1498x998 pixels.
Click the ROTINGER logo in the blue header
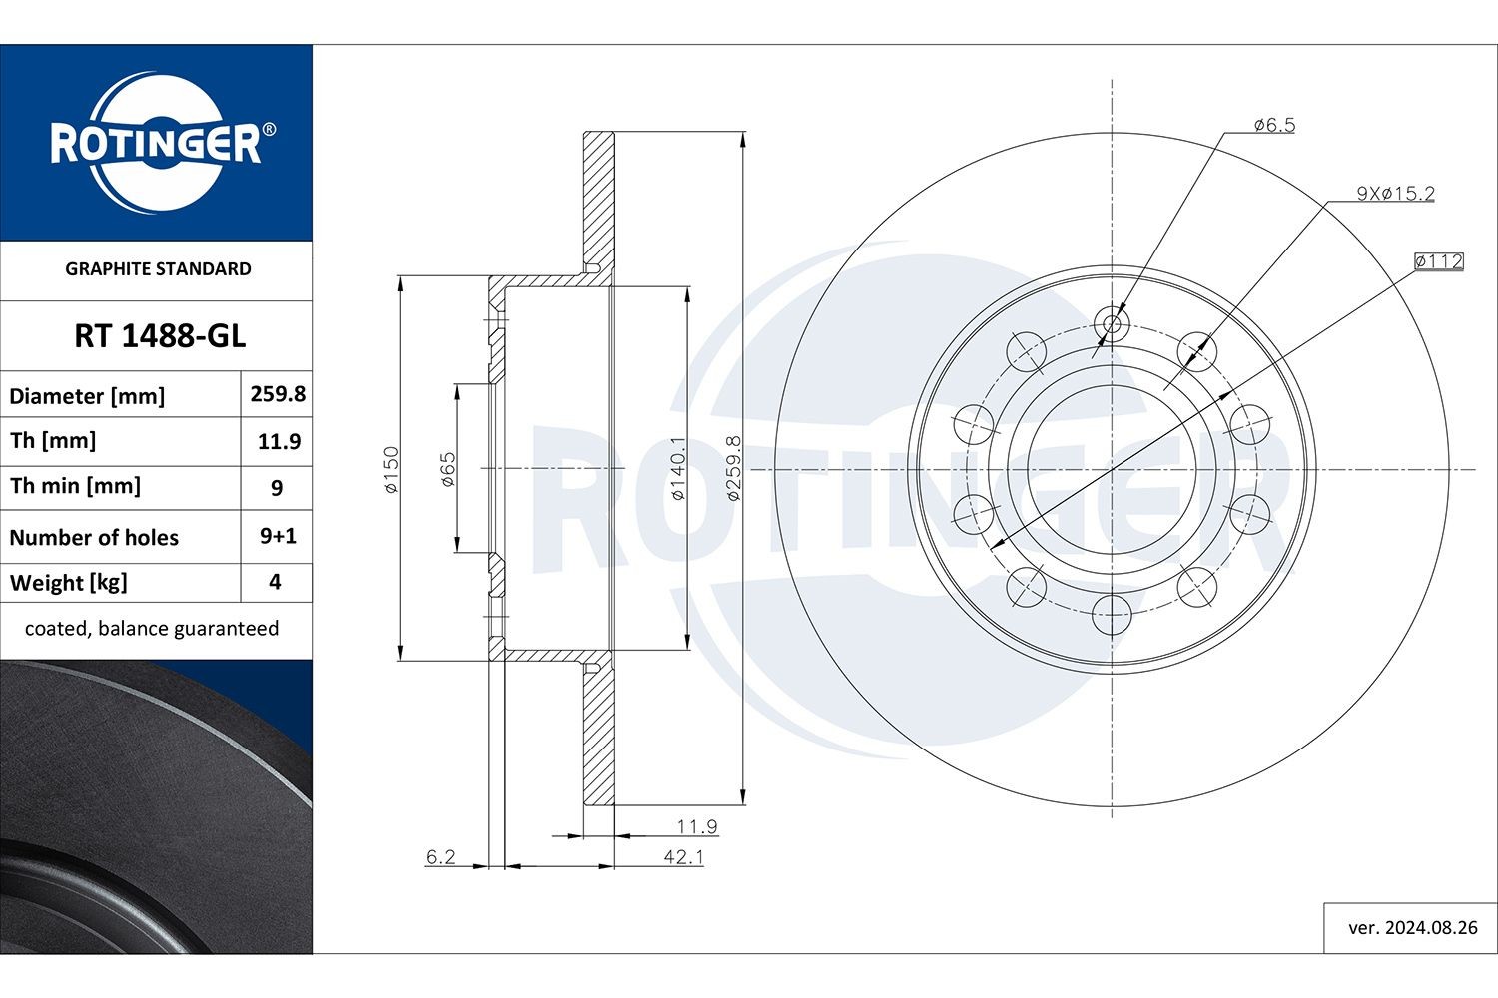[157, 143]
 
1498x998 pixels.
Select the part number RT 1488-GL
[159, 336]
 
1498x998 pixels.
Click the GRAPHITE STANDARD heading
[158, 268]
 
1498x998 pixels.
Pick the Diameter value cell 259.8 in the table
[278, 394]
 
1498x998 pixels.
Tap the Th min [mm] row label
[75, 486]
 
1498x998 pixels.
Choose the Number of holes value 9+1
[278, 536]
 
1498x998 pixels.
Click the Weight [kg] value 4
[276, 582]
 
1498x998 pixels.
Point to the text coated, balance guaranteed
[152, 629]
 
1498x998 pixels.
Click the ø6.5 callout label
[1273, 125]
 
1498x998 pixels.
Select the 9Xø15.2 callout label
[1394, 193]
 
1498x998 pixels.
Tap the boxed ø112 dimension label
[1439, 261]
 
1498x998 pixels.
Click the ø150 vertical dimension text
[391, 469]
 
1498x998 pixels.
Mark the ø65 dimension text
[448, 469]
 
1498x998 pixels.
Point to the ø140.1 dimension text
[678, 469]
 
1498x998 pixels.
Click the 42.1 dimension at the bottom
[683, 856]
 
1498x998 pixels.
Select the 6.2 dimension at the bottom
[440, 856]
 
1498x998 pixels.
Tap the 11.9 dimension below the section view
[696, 826]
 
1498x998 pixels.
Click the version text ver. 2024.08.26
[1412, 927]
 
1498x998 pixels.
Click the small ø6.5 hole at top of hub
[1112, 322]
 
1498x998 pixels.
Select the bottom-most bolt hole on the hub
[1112, 614]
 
